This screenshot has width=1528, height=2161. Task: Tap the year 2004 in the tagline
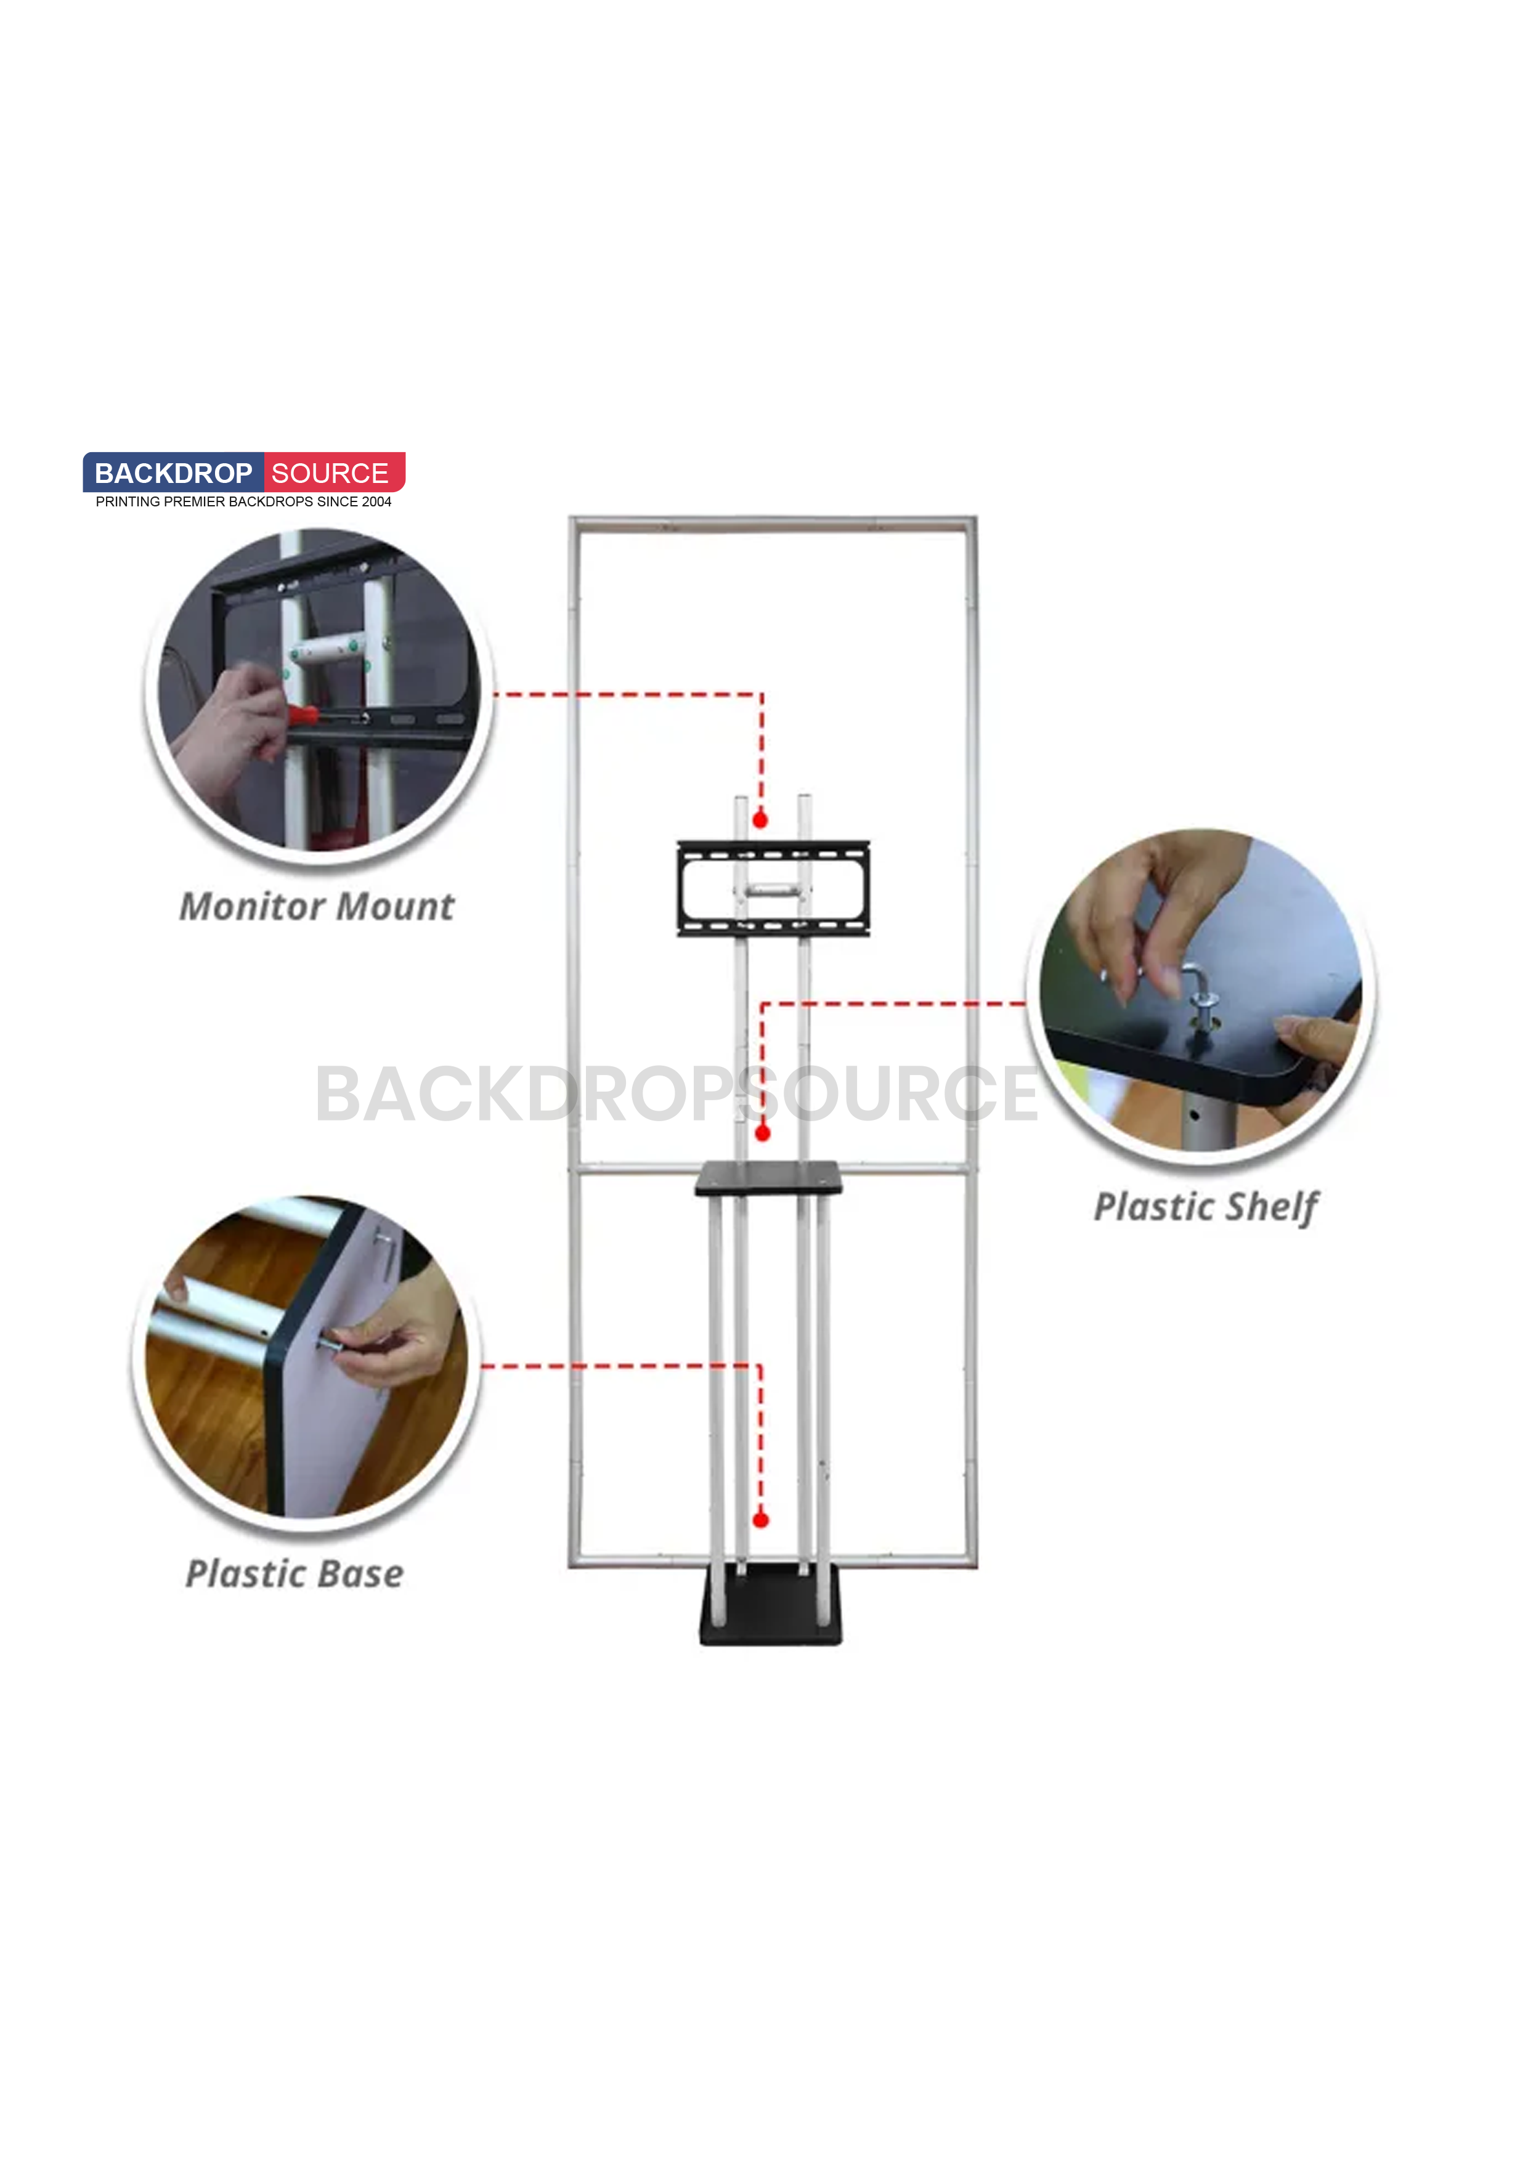click(376, 501)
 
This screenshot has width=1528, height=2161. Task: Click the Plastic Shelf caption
click(1205, 1207)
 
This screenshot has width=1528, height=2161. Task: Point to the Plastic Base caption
click(294, 1574)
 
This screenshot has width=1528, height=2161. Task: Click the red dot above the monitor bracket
click(761, 820)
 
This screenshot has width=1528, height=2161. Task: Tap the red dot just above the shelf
click(763, 1133)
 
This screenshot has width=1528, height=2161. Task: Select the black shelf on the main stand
click(768, 1179)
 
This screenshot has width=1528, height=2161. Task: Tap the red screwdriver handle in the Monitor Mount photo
click(301, 715)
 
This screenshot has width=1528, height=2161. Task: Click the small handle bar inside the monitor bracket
click(774, 888)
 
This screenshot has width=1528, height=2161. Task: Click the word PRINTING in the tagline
click(127, 501)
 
